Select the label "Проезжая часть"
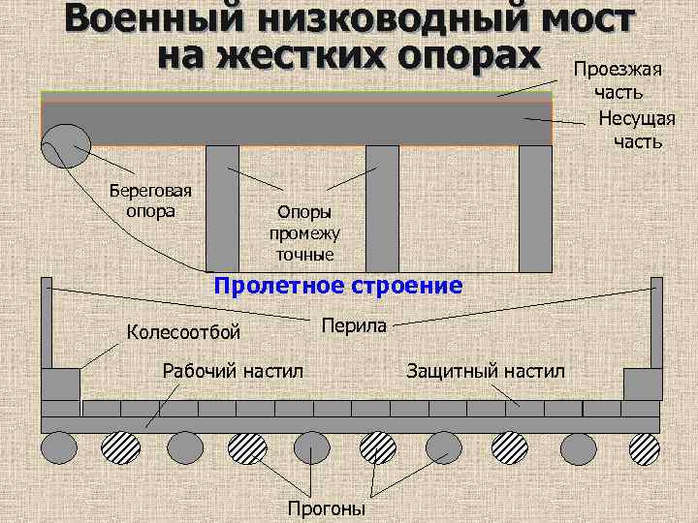618,80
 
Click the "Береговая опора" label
150,200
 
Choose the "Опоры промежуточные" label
304,232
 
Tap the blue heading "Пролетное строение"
338,286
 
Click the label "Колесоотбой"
184,333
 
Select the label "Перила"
354,325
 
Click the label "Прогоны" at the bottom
327,508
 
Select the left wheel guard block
60,384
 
